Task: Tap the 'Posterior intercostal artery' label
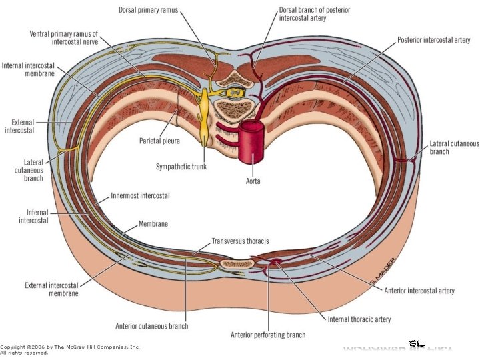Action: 434,40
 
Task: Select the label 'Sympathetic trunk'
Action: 181,167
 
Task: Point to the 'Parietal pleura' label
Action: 160,141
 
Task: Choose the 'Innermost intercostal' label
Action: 140,196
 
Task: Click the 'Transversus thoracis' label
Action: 240,241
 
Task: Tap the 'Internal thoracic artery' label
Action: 359,319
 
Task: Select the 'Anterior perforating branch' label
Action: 267,335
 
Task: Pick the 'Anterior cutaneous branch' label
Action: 152,326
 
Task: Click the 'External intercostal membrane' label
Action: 51,289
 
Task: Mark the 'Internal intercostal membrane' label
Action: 28,69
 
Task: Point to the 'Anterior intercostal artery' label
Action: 420,291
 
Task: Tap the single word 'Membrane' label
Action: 153,224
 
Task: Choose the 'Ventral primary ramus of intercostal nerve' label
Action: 64,37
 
